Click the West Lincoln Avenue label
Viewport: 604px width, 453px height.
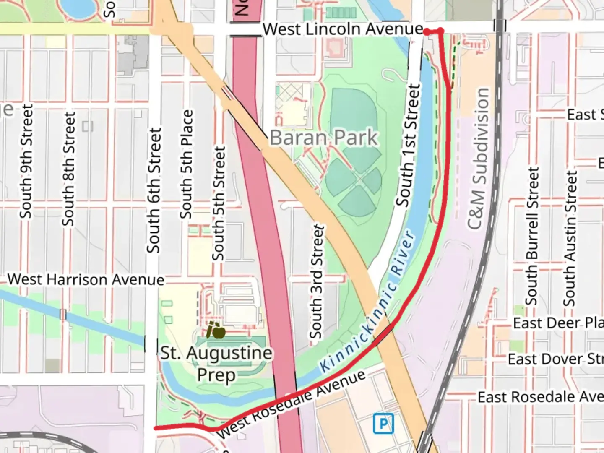pos(343,29)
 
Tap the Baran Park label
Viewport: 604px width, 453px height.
pos(323,138)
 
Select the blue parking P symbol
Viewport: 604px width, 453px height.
pos(383,424)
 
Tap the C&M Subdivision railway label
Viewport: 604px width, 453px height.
pos(479,159)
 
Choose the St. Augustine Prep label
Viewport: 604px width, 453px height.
pos(216,363)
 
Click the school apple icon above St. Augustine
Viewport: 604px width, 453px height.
pos(216,331)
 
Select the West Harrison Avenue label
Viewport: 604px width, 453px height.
pos(86,279)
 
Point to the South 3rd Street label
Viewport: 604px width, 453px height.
pos(317,282)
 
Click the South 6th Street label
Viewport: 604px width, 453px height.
pos(154,190)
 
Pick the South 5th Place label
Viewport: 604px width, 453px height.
pos(186,164)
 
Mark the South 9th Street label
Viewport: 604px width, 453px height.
pos(26,161)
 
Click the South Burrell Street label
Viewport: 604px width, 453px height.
pos(532,236)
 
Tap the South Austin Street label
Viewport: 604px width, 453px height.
pos(569,239)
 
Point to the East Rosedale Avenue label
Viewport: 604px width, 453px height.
pos(540,397)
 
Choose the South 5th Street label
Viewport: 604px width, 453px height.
pos(219,203)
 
